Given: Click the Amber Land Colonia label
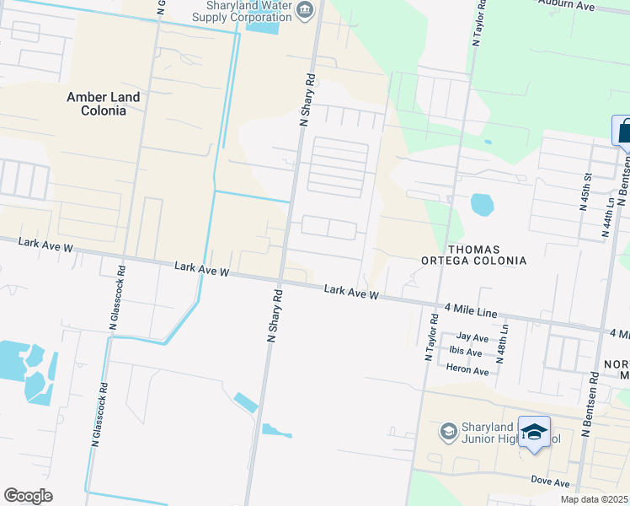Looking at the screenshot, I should pyautogui.click(x=104, y=104).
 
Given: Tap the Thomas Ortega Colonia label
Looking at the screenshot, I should pyautogui.click(x=474, y=255).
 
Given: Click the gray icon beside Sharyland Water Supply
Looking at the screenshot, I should pyautogui.click(x=304, y=10).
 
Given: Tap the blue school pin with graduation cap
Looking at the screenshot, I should pyautogui.click(x=534, y=433).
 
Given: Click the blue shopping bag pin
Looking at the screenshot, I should pyautogui.click(x=623, y=132).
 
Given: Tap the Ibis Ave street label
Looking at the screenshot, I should pyautogui.click(x=465, y=352).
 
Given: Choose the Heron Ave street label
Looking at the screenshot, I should pyautogui.click(x=468, y=371).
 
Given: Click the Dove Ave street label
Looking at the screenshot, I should pyautogui.click(x=550, y=482).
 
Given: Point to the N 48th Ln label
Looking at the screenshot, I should pyautogui.click(x=505, y=342).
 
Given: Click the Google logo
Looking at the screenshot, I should pyautogui.click(x=28, y=495).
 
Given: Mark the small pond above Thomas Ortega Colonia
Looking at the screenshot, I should pyautogui.click(x=481, y=204).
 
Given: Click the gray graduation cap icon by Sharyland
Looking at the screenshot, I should pyautogui.click(x=449, y=433).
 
